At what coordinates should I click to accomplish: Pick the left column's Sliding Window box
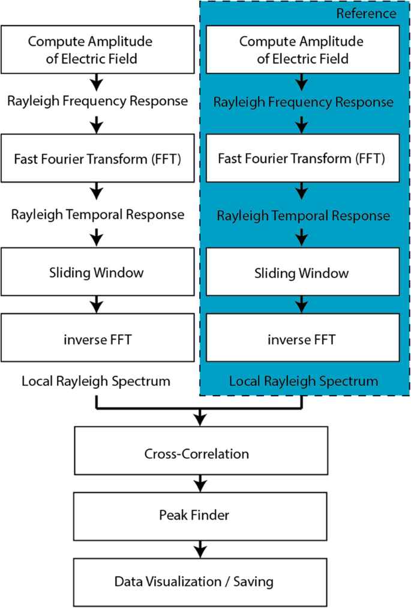click(96, 272)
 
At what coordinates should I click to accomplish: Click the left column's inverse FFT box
click(96, 339)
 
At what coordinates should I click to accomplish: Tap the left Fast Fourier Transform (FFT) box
click(96, 158)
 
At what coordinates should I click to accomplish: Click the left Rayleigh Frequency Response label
click(97, 100)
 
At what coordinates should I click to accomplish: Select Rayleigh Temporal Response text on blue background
click(303, 215)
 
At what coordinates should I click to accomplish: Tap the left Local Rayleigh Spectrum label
click(96, 381)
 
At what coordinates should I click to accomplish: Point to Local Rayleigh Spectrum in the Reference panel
click(303, 381)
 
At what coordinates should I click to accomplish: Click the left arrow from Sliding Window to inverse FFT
click(96, 304)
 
